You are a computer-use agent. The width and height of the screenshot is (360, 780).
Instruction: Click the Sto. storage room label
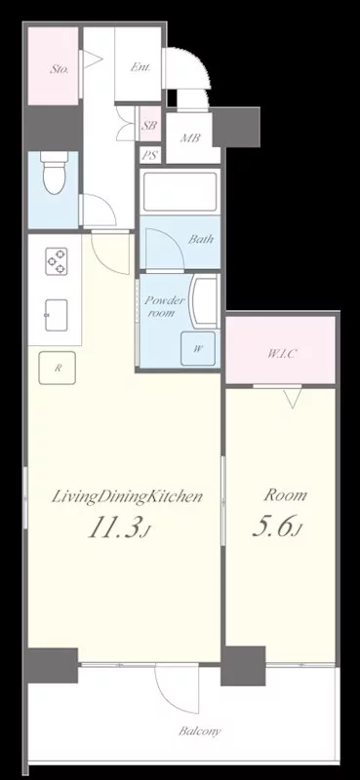coord(59,69)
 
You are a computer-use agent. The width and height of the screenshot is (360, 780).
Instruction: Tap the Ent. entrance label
coord(140,67)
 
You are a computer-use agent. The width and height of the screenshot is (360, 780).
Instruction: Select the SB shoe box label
coord(149,126)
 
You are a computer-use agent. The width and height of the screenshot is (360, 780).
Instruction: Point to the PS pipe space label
coord(149,156)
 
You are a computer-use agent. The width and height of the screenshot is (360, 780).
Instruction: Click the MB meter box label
coord(189,137)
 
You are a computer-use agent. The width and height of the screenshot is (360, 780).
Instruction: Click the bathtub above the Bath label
coord(180,191)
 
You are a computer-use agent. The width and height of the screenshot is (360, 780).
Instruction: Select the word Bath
coord(201,239)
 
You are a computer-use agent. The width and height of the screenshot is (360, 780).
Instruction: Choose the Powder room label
coord(164,307)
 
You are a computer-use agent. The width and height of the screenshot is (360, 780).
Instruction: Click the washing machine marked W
coord(198,348)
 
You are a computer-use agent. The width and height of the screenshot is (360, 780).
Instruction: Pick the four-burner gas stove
coord(57,260)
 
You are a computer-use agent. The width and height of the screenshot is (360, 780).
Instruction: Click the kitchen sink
coord(57,315)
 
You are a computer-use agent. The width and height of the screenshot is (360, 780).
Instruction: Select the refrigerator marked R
coord(58,368)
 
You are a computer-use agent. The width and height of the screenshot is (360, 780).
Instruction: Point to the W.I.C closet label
coord(283,354)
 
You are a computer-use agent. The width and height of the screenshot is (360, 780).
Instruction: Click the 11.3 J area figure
coord(118,527)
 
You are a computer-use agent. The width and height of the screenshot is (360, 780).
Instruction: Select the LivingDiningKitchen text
coord(128,497)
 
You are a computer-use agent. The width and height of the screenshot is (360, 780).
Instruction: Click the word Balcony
coord(200,731)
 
